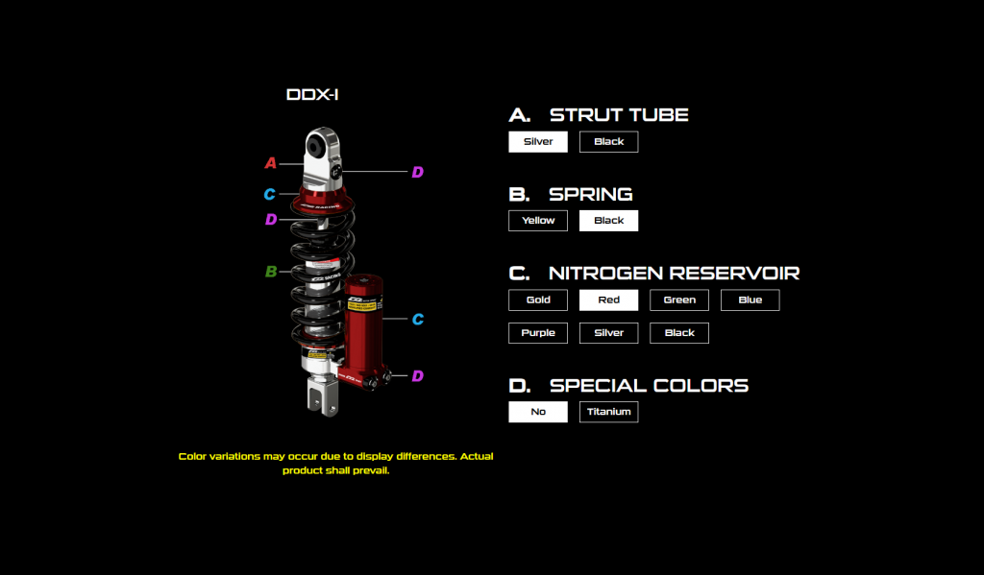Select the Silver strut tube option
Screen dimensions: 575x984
click(x=538, y=142)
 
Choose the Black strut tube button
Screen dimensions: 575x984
click(x=608, y=142)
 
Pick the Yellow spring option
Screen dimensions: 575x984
click(x=538, y=221)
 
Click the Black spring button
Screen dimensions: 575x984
click(x=608, y=221)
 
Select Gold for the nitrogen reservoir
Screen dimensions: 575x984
click(x=538, y=300)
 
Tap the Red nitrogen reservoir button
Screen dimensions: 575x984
click(x=608, y=300)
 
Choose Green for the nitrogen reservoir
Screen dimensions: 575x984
click(x=679, y=300)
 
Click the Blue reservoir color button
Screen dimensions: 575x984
click(x=750, y=300)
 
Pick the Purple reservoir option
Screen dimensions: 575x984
click(x=538, y=333)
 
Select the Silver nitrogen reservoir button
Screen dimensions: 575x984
click(x=608, y=333)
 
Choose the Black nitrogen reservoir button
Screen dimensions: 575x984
click(x=679, y=333)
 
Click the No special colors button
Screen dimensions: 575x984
click(x=538, y=412)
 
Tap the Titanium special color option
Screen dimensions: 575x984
click(x=608, y=412)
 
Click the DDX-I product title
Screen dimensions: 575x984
click(x=312, y=95)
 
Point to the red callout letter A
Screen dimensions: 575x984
click(x=271, y=163)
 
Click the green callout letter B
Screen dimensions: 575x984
click(x=271, y=272)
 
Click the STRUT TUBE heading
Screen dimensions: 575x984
click(x=619, y=115)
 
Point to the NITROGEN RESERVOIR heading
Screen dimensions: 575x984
click(x=674, y=274)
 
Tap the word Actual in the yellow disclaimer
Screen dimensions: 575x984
click(x=477, y=456)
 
